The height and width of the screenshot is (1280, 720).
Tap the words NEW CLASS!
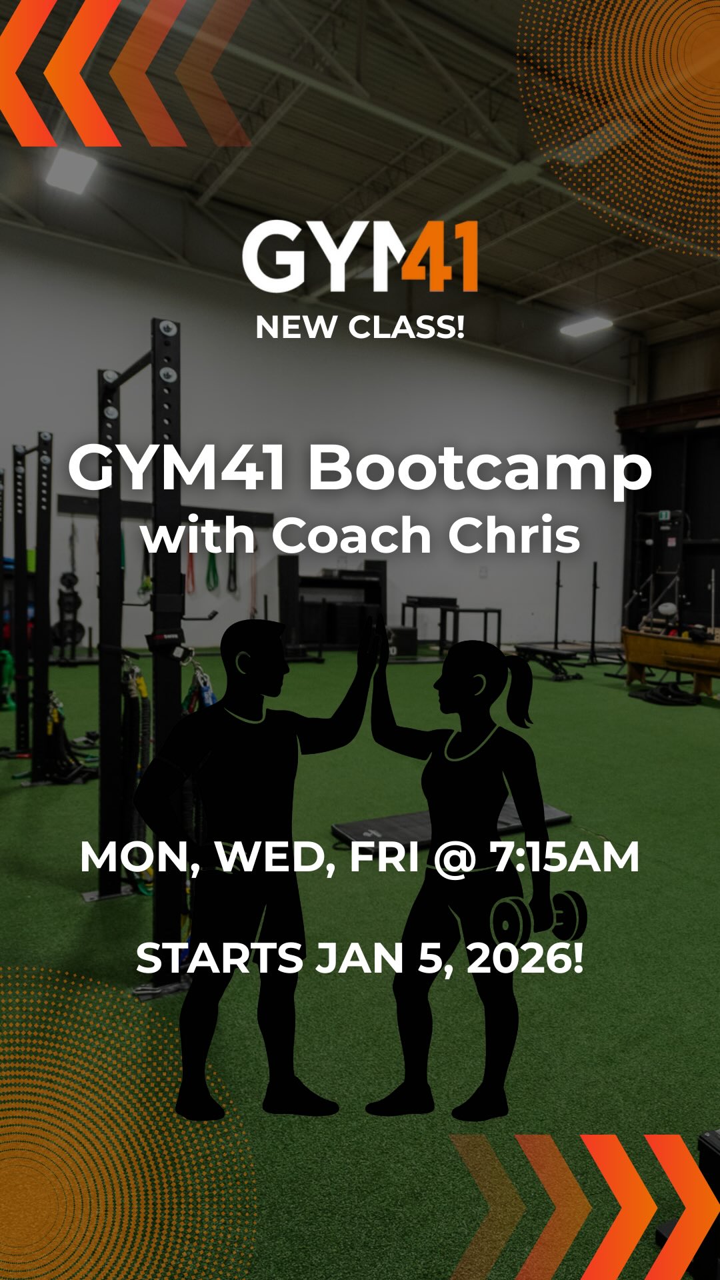click(x=360, y=327)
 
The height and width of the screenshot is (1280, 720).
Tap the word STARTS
click(x=219, y=958)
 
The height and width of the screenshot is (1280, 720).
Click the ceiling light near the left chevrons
click(x=70, y=170)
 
